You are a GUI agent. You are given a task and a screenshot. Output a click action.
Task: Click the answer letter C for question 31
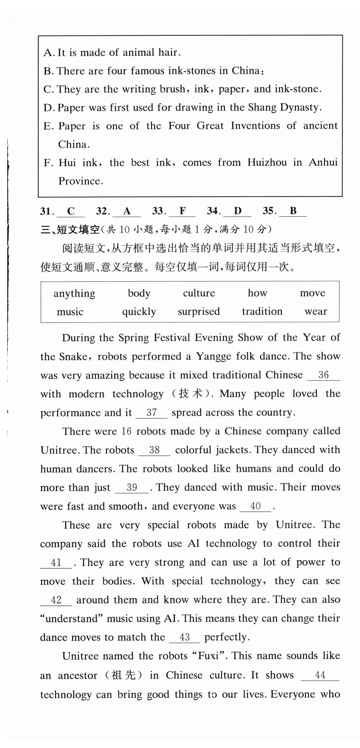(71, 211)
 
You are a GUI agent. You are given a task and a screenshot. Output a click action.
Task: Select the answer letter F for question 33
(182, 211)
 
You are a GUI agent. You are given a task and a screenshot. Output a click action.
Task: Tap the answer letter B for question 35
(293, 211)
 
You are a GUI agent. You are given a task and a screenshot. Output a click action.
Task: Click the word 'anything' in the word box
(74, 293)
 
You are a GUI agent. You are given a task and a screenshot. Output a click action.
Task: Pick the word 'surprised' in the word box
(199, 312)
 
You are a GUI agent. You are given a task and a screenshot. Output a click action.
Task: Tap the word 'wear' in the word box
(316, 312)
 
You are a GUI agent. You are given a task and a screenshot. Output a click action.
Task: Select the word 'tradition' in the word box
(262, 312)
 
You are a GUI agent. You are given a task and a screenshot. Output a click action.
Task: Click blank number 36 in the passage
(323, 375)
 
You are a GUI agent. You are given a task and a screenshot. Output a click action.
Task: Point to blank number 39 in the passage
(132, 487)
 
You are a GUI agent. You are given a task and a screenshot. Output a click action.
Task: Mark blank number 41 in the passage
(56, 562)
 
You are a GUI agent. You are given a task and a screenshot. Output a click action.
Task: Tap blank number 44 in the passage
(320, 675)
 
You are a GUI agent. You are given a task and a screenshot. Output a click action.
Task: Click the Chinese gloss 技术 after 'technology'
(191, 394)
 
